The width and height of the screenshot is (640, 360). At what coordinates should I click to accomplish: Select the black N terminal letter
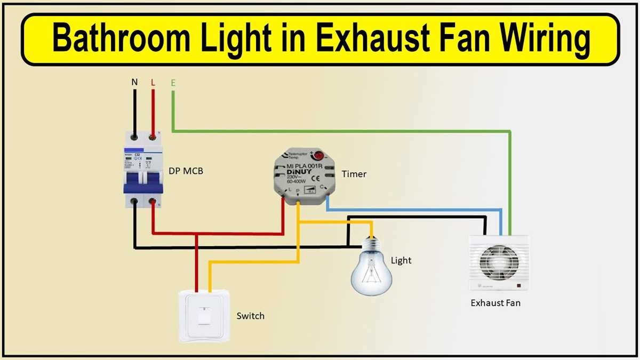click(x=134, y=83)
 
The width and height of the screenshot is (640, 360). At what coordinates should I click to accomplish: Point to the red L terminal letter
click(x=153, y=83)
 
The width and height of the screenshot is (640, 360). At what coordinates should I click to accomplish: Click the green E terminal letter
click(x=173, y=83)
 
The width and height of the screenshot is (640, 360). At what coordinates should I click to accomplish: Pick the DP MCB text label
click(x=186, y=171)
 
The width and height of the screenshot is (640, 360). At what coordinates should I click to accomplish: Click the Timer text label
click(x=354, y=174)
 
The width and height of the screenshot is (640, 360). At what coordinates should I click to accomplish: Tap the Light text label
click(x=401, y=260)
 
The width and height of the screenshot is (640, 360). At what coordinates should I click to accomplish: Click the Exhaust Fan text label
click(x=495, y=303)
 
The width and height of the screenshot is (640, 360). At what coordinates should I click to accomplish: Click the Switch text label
click(x=250, y=316)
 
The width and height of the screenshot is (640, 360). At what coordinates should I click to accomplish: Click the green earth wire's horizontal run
click(x=341, y=130)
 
